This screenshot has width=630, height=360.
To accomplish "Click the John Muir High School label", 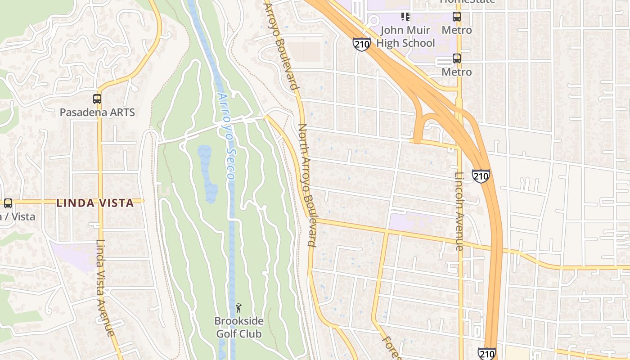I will click(x=405, y=37).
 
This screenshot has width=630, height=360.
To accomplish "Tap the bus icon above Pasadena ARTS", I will click(x=97, y=99).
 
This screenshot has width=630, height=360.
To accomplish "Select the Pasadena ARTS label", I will click(x=97, y=112).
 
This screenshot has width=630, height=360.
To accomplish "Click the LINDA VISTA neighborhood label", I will click(x=95, y=203).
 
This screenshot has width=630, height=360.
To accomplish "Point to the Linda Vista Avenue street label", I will click(x=104, y=288).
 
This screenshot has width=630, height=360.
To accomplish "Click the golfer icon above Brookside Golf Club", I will click(x=238, y=308).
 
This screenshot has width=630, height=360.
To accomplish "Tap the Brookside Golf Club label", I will click(x=238, y=328).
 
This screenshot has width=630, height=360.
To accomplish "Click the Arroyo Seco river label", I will click(x=226, y=135).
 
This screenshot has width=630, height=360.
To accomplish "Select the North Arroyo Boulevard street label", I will click(x=308, y=184).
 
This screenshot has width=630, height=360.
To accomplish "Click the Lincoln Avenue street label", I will click(x=459, y=211).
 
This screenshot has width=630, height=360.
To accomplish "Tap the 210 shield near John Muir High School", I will click(x=361, y=44).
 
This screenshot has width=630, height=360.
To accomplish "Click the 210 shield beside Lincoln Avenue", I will click(x=481, y=175).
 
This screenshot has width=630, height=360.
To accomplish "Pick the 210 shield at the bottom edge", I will click(x=487, y=354).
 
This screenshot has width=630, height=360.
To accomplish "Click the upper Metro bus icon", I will click(x=457, y=17).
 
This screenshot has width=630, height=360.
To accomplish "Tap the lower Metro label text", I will click(x=457, y=72).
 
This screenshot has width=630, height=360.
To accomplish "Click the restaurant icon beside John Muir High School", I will click(x=405, y=17).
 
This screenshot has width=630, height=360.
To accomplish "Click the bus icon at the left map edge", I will click(x=8, y=203).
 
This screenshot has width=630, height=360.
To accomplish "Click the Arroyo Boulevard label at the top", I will click(x=281, y=45).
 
